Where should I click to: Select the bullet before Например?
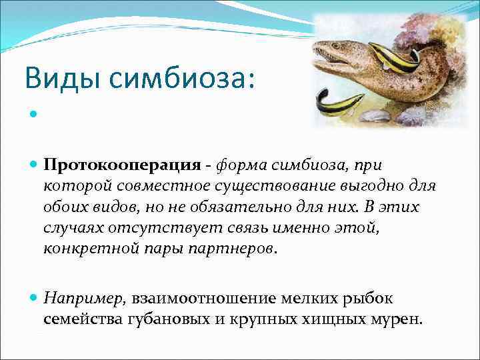click(x=33, y=298)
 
